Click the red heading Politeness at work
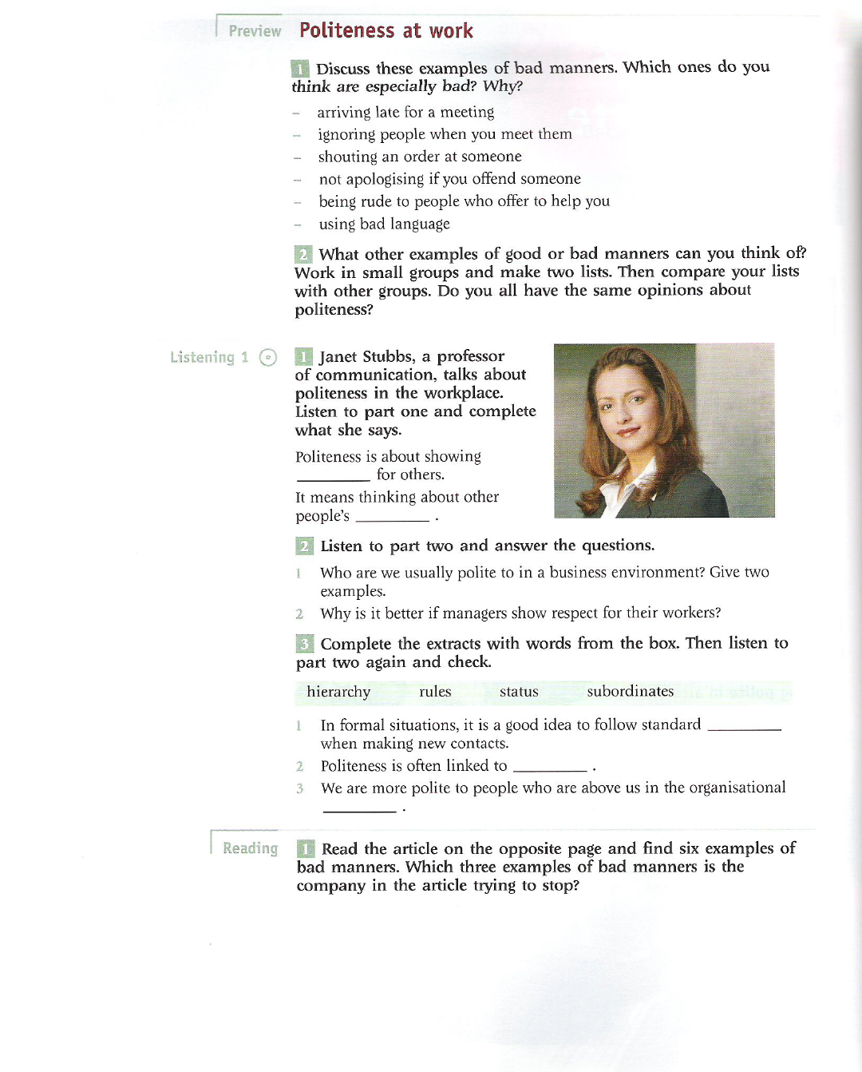click(386, 31)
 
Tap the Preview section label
click(255, 31)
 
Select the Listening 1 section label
click(209, 357)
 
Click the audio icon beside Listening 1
click(268, 357)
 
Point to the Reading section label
click(250, 848)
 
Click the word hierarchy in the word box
click(338, 692)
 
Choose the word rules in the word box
click(435, 692)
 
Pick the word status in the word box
click(519, 692)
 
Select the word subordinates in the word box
click(630, 691)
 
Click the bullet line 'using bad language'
click(384, 224)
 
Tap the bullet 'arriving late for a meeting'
click(405, 113)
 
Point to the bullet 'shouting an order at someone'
click(420, 157)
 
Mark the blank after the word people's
click(392, 519)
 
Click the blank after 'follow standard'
click(744, 728)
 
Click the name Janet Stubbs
click(366, 357)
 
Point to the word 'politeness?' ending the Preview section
click(334, 310)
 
